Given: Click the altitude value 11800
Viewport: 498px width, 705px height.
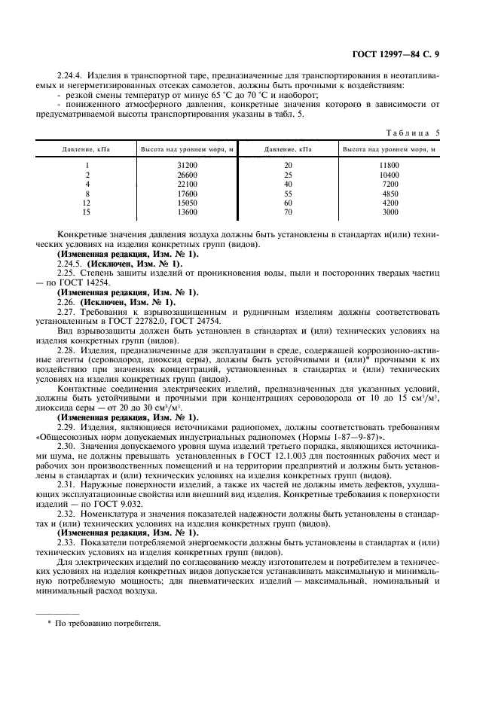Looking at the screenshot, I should click(390, 164).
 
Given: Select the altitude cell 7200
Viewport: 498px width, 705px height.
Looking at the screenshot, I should click(390, 183).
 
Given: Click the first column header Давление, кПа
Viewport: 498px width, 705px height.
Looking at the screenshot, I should click(87, 149).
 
